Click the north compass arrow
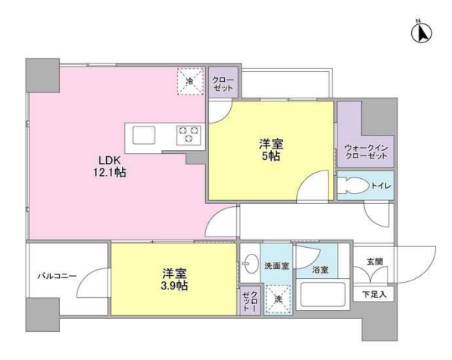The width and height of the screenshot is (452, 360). [x=421, y=33]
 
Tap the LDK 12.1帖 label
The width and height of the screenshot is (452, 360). [x=109, y=166]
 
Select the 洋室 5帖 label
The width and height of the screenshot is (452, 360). [x=271, y=150]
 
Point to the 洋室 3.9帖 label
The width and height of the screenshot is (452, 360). [x=174, y=280]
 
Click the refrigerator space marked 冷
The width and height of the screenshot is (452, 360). [x=191, y=81]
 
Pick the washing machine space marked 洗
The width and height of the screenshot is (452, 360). [x=278, y=299]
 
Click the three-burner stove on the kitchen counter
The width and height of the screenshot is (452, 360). [x=189, y=135]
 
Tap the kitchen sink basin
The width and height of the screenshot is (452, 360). [x=144, y=135]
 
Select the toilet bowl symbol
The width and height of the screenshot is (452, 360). [x=353, y=186]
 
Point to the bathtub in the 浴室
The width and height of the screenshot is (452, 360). [x=323, y=295]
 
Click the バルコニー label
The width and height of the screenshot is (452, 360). [x=57, y=276]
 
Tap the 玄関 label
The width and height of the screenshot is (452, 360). [x=375, y=261]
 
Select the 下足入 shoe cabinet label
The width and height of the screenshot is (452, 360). [x=374, y=295]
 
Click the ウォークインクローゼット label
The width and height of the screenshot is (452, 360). [x=366, y=152]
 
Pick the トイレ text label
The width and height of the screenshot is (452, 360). [x=381, y=186]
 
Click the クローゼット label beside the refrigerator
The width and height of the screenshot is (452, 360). [x=223, y=83]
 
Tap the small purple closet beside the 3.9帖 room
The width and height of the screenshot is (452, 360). [x=250, y=301]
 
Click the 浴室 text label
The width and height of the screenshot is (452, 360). [x=320, y=270]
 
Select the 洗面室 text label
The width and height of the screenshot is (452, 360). [x=277, y=266]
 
